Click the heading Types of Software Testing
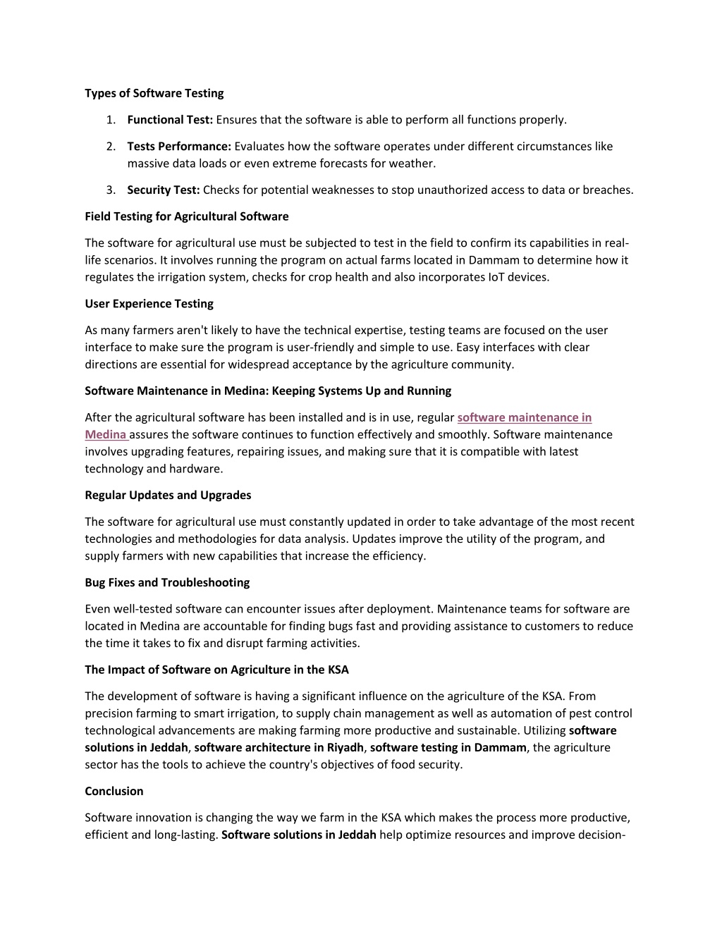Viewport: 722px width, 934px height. [x=154, y=93]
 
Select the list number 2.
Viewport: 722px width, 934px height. [x=111, y=147]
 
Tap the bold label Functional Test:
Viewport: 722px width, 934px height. [x=170, y=120]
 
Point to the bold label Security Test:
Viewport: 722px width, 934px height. [x=164, y=190]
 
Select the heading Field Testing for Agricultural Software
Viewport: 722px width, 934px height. [x=187, y=216]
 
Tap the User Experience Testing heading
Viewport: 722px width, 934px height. [x=149, y=304]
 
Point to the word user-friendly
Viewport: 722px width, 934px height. [x=321, y=348]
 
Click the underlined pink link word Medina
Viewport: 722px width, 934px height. [x=105, y=435]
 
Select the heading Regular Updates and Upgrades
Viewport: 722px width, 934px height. [x=168, y=496]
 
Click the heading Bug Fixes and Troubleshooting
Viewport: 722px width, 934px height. [x=167, y=583]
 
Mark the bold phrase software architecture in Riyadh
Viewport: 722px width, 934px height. [x=279, y=748]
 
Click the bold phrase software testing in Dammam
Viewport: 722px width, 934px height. [x=448, y=748]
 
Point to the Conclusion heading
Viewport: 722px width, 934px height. [x=114, y=792]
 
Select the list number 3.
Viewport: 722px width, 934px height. [x=111, y=190]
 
